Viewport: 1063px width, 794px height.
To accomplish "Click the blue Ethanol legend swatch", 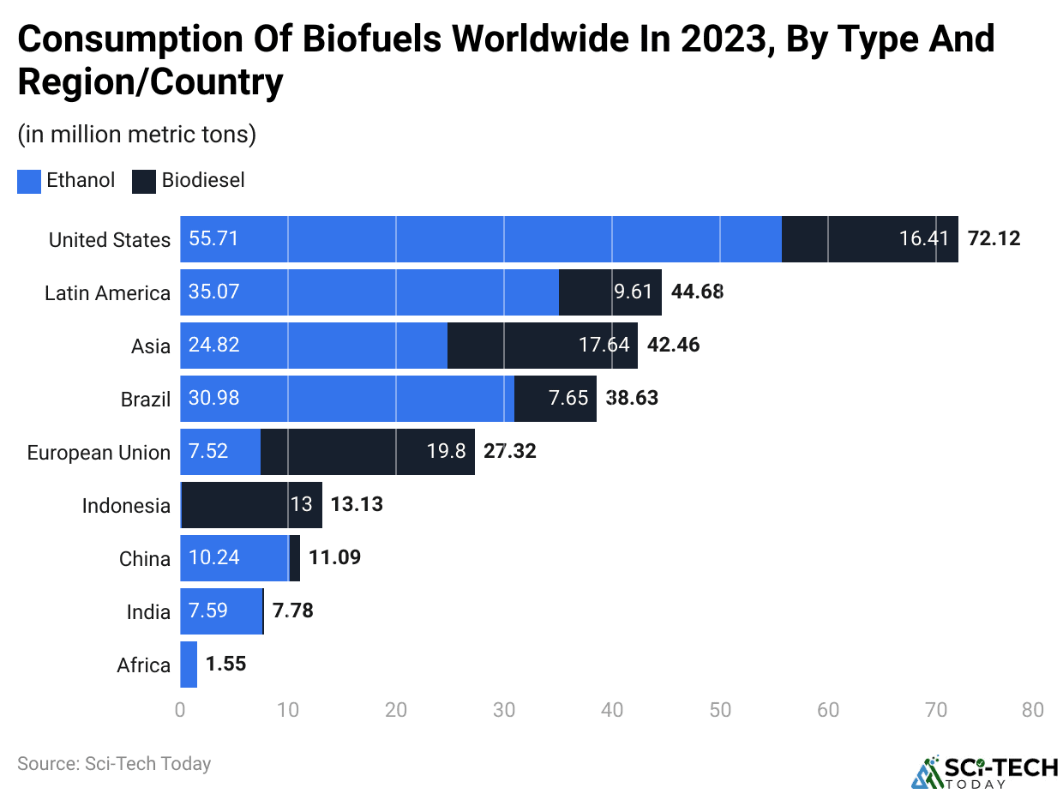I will (29, 182).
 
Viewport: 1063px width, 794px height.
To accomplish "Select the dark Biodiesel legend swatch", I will (144, 182).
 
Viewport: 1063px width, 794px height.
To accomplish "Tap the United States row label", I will (109, 240).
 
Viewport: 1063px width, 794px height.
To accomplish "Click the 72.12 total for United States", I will (994, 239).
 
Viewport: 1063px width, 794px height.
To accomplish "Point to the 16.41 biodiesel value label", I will (924, 239).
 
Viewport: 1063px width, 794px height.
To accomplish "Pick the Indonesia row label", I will (126, 506).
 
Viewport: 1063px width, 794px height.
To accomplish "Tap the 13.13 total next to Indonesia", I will (357, 505).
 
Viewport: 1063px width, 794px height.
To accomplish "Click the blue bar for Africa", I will (189, 665).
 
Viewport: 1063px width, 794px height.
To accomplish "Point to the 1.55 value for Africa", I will (225, 665).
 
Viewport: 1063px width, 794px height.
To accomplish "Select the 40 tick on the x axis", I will (611, 711).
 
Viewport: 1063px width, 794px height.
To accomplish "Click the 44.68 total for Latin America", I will (697, 292).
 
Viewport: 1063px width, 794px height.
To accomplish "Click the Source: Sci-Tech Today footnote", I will (114, 763).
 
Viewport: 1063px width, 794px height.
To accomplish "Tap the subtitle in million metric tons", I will (136, 135).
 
